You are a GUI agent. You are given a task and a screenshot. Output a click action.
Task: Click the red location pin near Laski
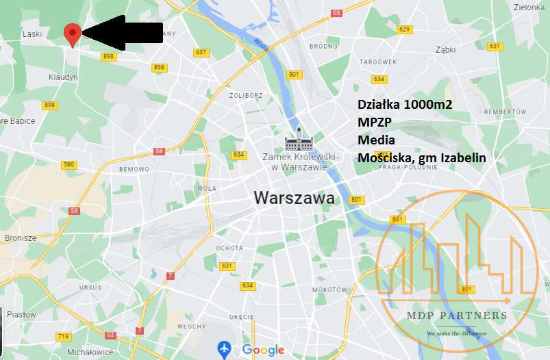tap(72, 33)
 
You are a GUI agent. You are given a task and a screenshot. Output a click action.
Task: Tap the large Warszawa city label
tap(295, 198)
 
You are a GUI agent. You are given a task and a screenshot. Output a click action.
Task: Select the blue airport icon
tap(224, 349)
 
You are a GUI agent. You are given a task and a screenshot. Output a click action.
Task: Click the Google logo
tap(263, 350)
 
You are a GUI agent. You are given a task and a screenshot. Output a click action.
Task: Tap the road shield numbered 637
tap(201, 53)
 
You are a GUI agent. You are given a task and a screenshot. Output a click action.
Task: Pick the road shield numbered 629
tap(405, 29)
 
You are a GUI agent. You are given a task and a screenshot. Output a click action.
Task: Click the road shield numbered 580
tap(68, 164)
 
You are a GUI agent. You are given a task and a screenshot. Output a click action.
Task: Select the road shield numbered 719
tap(64, 337)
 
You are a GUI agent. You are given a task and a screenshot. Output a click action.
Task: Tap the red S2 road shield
tap(110, 335)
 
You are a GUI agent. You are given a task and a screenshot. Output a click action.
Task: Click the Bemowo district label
tap(134, 168)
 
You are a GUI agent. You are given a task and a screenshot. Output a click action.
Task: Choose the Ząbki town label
tap(445, 50)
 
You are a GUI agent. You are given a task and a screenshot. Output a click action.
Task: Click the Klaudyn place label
tap(63, 77)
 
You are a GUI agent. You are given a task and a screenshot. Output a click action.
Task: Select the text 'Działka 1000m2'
tap(405, 104)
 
